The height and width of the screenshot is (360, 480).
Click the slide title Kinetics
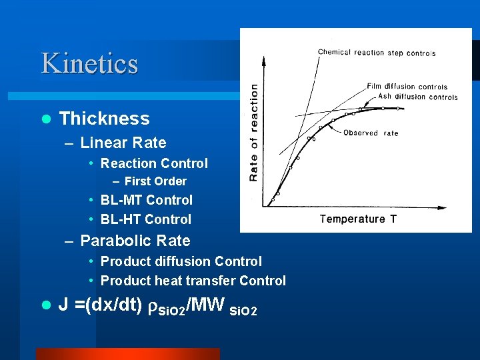pyautogui.click(x=89, y=63)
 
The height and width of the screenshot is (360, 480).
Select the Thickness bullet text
pyautogui.click(x=104, y=119)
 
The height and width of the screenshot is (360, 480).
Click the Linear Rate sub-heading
pyautogui.click(x=123, y=143)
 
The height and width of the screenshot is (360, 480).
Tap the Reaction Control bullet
pyautogui.click(x=154, y=163)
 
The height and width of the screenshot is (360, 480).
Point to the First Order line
pyautogui.click(x=155, y=181)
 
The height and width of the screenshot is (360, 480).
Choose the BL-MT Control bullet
pyautogui.click(x=146, y=200)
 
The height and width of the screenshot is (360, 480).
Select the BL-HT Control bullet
pyautogui.click(x=145, y=219)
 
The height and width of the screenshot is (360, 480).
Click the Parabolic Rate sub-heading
pyautogui.click(x=135, y=241)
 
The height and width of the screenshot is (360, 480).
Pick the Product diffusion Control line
pyautogui.click(x=181, y=261)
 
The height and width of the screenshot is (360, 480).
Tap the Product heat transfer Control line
pyautogui.click(x=193, y=281)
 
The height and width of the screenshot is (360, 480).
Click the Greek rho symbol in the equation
pyautogui.click(x=152, y=307)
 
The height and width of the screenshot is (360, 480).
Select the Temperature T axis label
pyautogui.click(x=358, y=219)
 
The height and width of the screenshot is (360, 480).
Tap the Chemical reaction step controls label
pyautogui.click(x=377, y=53)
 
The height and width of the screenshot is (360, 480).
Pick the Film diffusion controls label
pyautogui.click(x=407, y=87)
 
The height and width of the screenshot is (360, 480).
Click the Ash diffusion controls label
pyautogui.click(x=417, y=97)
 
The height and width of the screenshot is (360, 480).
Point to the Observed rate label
pyautogui.click(x=371, y=133)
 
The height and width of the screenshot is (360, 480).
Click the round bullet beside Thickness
pyautogui.click(x=46, y=119)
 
